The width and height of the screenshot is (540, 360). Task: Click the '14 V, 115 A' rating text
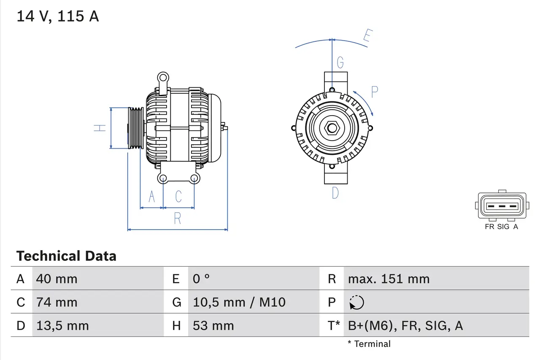click(57, 16)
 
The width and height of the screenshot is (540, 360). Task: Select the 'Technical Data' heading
click(66, 256)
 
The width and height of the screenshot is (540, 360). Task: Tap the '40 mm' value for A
click(57, 279)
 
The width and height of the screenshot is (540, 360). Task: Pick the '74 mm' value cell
click(57, 302)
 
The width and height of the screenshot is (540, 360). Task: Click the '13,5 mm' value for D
click(62, 325)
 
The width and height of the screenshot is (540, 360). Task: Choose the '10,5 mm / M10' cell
click(239, 302)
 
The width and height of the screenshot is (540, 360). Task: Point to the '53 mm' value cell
click(213, 325)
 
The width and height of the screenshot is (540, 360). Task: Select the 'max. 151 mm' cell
click(389, 279)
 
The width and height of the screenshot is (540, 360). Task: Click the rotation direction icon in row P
click(356, 302)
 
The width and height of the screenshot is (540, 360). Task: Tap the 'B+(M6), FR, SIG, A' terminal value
click(405, 325)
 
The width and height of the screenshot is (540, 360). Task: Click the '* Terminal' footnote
click(369, 344)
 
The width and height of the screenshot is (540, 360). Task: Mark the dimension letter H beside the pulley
click(100, 128)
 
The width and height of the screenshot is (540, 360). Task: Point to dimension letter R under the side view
click(178, 219)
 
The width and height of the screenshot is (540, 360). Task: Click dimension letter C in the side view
click(178, 197)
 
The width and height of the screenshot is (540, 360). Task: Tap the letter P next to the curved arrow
click(374, 92)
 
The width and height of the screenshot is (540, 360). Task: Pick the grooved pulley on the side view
click(136, 128)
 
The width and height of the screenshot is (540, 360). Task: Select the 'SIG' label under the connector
click(503, 227)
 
